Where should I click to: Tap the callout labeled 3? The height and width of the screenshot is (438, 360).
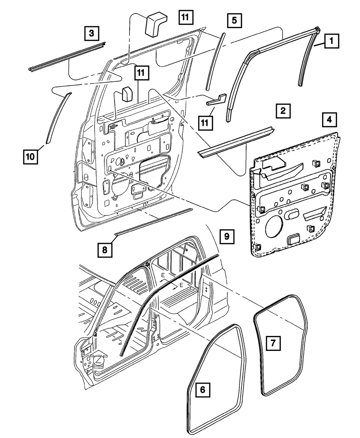pos(92,33)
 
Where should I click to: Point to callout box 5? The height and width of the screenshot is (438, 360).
pos(234,21)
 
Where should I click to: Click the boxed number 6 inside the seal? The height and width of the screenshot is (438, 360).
pos(202,390)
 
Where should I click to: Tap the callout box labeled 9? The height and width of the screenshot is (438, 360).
pos(227,236)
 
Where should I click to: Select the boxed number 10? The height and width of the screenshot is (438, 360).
pos(31,157)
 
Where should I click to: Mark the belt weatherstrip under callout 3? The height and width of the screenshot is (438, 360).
pos(67,56)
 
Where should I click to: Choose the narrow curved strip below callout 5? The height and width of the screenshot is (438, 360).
pos(215,61)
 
